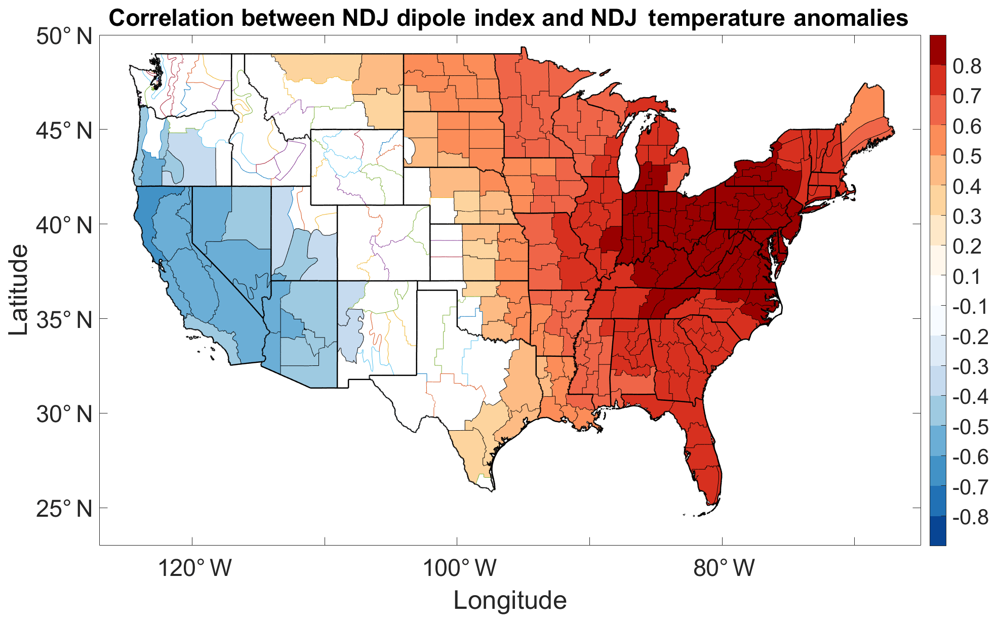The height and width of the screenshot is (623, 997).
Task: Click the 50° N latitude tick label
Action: pyautogui.click(x=64, y=36)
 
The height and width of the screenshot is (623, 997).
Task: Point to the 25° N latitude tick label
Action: pyautogui.click(x=64, y=509)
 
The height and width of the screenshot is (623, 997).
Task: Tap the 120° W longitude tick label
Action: pyautogui.click(x=194, y=568)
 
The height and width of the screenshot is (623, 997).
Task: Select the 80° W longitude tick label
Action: pyautogui.click(x=724, y=568)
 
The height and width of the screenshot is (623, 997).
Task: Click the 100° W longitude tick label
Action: pyautogui.click(x=459, y=568)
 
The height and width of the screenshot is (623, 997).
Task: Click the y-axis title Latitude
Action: pyautogui.click(x=18, y=289)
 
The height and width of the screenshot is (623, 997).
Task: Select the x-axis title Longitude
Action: pyautogui.click(x=509, y=601)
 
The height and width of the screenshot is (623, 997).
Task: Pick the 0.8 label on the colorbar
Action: pyautogui.click(x=967, y=66)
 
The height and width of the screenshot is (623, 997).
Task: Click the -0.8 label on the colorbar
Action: pyautogui.click(x=970, y=517)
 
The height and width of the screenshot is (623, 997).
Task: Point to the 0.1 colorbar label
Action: pyautogui.click(x=967, y=277)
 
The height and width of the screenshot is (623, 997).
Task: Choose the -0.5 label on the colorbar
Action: pyautogui.click(x=970, y=427)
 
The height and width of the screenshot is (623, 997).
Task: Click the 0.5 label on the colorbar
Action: pyautogui.click(x=967, y=156)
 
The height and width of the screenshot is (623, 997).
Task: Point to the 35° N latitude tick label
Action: pyautogui.click(x=64, y=320)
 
